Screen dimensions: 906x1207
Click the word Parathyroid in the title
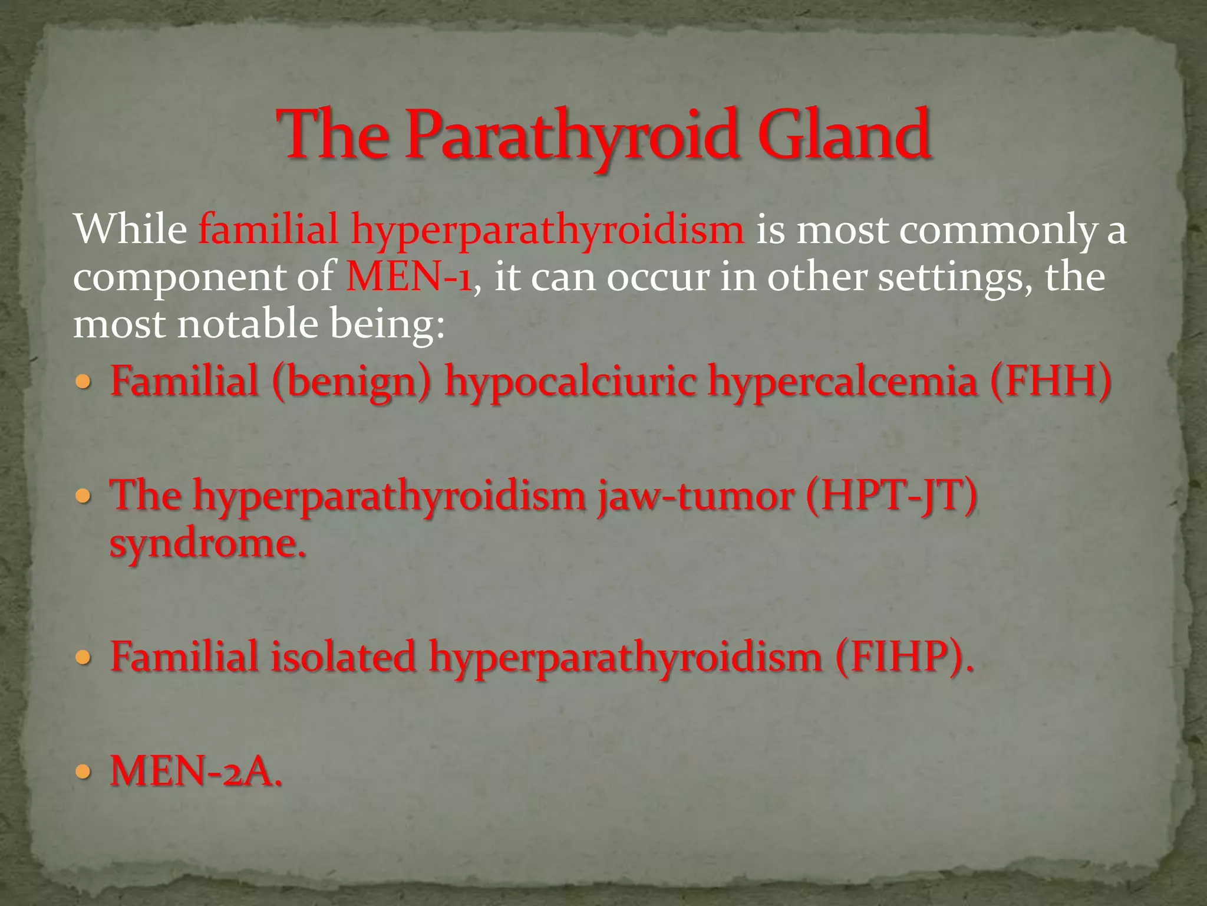click(571, 135)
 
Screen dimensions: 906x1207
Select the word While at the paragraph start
click(130, 229)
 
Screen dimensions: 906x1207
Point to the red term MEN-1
click(408, 276)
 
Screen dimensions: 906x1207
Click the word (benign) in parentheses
click(352, 381)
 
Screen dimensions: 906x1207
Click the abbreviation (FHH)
click(1050, 381)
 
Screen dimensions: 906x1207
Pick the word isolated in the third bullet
click(343, 656)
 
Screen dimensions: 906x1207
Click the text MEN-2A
click(196, 771)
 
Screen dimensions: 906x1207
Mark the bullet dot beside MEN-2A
click(84, 771)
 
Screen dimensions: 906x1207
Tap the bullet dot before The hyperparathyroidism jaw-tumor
click(84, 495)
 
